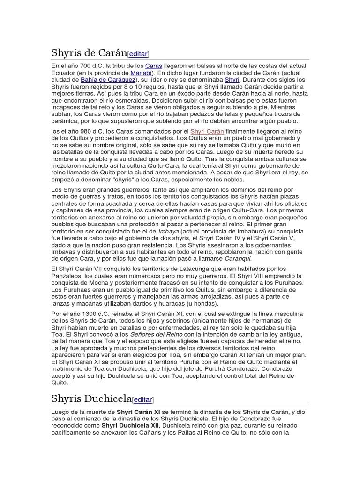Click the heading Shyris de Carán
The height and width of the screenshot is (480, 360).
(89, 52)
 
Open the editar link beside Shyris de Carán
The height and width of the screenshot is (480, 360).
(139, 54)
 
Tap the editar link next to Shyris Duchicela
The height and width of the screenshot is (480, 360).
(142, 399)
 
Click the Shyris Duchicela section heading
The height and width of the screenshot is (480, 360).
(91, 398)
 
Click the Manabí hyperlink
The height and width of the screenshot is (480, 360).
(141, 73)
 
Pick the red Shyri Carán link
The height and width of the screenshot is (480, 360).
(207, 132)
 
